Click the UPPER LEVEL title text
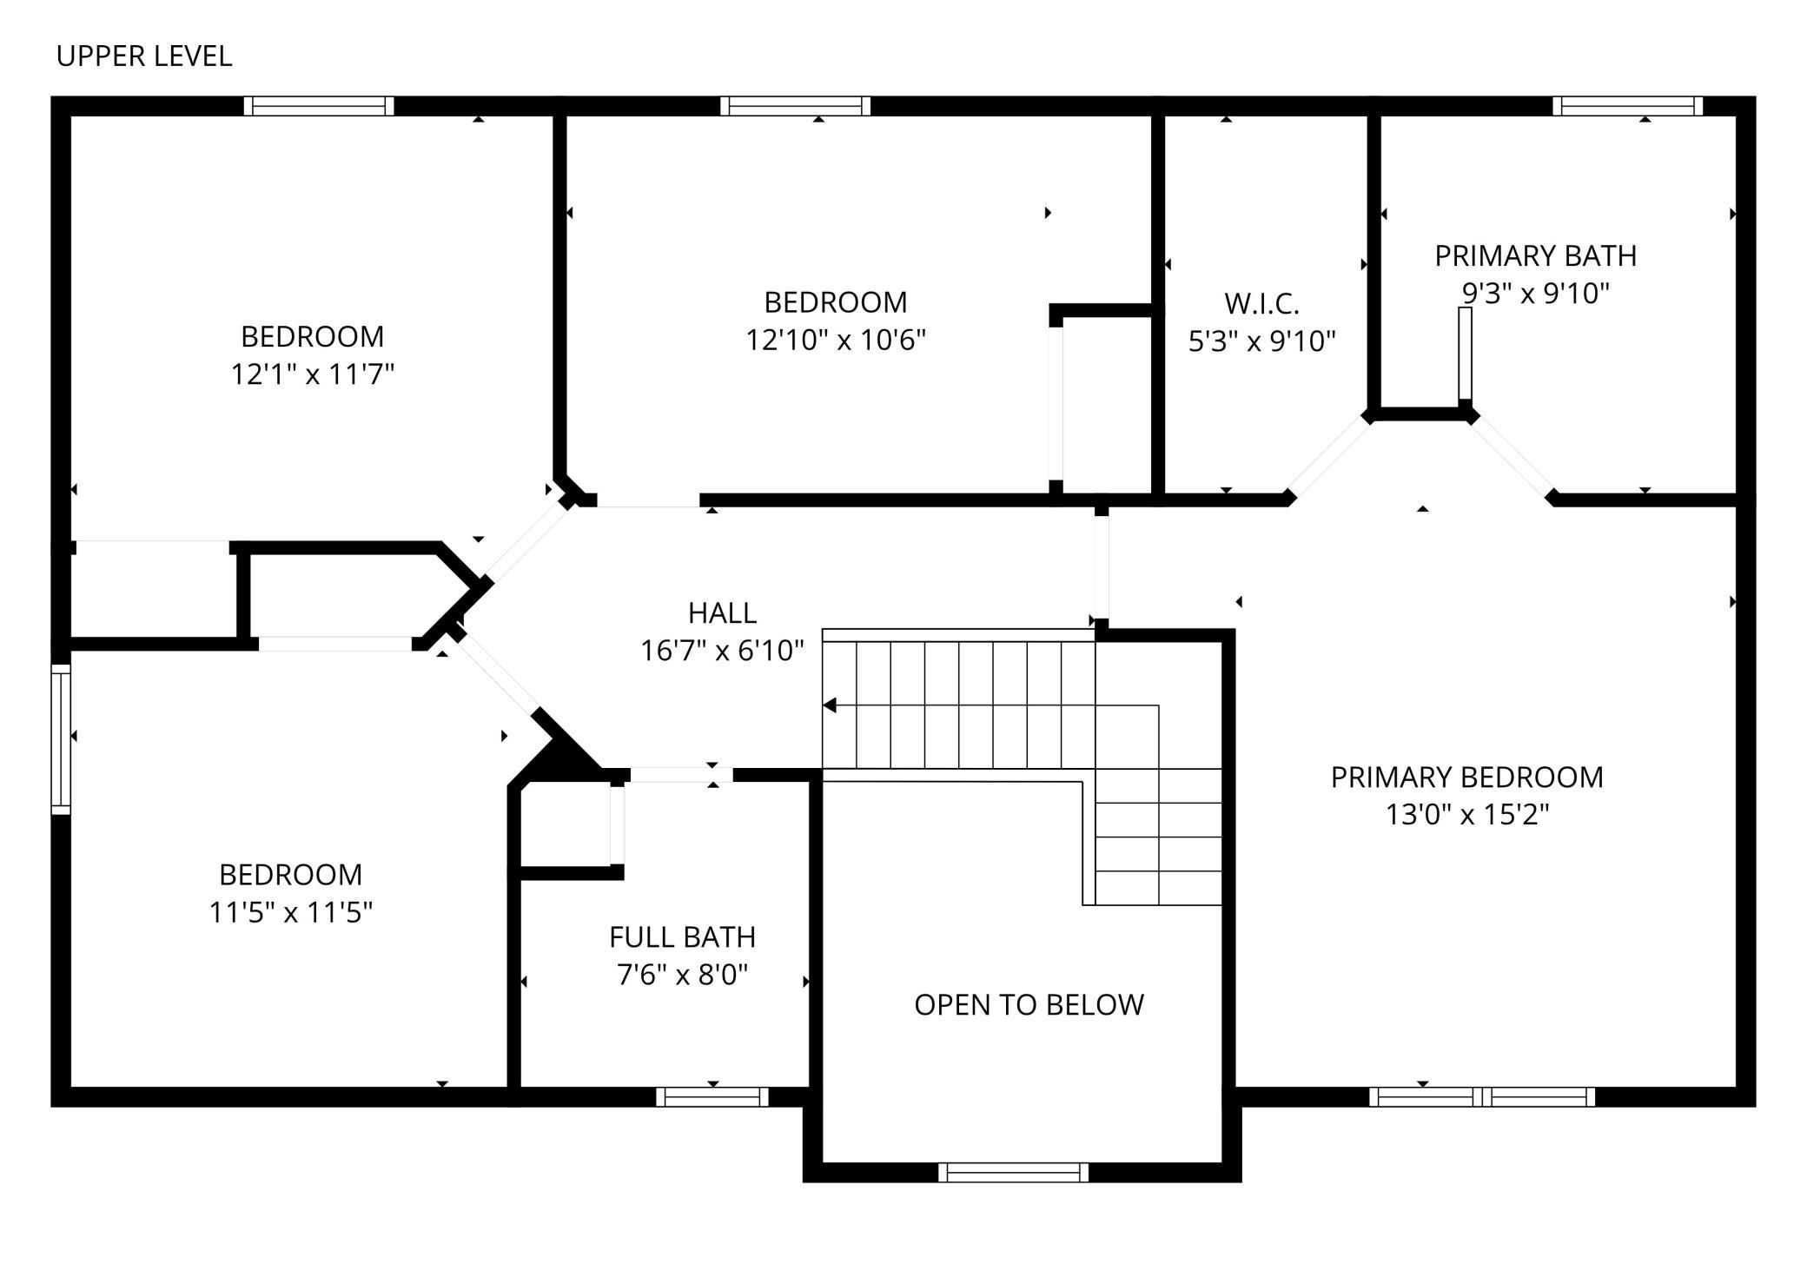pos(144,56)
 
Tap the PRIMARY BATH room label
pos(1535,256)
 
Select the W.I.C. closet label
pos(1261,304)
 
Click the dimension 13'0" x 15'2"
pos(1467,815)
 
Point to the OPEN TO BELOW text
pos(1029,1005)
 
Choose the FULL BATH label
pos(682,937)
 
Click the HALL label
pos(722,613)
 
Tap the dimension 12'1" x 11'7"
pos(312,374)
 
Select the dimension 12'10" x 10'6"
pos(836,340)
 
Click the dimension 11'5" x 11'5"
pos(290,913)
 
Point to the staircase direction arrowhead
pos(830,705)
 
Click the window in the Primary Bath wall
pos(1627,106)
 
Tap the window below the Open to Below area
pos(1013,1172)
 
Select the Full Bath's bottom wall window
pos(712,1097)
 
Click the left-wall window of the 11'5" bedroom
pos(61,739)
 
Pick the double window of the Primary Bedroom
pos(1482,1097)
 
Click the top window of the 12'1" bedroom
pos(318,106)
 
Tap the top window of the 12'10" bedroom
pos(795,106)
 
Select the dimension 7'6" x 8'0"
pos(682,976)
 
